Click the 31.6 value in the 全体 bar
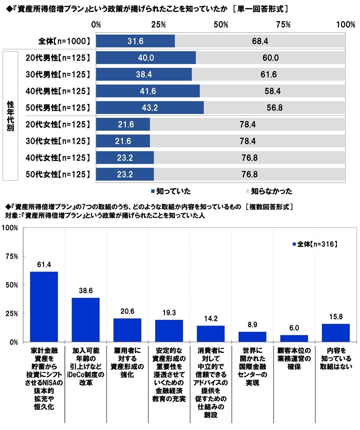(x=136, y=41)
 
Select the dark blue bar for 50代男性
(x=150, y=108)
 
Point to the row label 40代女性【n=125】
(x=58, y=158)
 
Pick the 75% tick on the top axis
(x=283, y=24)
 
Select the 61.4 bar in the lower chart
(x=44, y=306)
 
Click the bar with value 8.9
(x=252, y=337)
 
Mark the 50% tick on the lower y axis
(x=13, y=285)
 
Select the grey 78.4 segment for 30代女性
(x=248, y=141)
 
